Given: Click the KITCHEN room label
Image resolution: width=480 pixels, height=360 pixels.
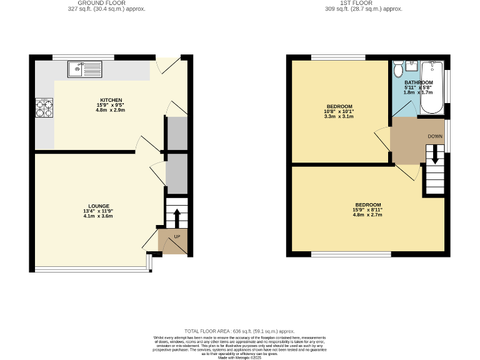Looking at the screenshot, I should tap(111, 100).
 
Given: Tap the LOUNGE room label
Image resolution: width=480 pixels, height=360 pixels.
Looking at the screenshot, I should tap(99, 206).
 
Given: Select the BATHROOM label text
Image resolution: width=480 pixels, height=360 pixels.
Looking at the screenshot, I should tap(418, 82).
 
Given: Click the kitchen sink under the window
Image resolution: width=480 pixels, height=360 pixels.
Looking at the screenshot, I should tap(83, 66).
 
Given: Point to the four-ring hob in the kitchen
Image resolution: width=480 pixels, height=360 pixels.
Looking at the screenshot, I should tap(44, 108).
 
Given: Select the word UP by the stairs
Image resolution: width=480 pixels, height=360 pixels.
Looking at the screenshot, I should tap(177, 237).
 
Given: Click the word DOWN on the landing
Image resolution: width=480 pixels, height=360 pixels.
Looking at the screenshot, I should tap(435, 136).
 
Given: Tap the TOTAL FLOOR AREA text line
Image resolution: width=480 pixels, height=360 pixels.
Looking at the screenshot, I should tap(239, 331).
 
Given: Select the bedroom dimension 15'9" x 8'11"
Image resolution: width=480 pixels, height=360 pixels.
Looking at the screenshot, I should tap(368, 210).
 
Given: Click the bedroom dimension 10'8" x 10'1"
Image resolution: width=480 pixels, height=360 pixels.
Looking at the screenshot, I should tap(339, 111).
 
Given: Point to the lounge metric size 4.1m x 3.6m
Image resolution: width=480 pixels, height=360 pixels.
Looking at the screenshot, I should tap(99, 216).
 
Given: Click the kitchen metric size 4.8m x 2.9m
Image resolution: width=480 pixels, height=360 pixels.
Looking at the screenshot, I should tap(111, 110).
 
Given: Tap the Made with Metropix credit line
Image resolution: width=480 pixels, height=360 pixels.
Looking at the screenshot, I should tap(239, 357).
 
